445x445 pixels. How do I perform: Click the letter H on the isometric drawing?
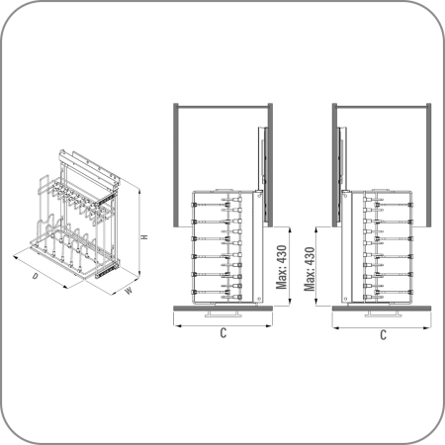144,236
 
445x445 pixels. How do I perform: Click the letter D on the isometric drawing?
35,276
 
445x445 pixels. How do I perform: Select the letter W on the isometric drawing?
129,291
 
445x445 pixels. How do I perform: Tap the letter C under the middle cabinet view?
223,333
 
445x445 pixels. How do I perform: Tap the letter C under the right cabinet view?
383,335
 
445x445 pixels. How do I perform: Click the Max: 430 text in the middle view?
282,267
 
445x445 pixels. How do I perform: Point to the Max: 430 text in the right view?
310,269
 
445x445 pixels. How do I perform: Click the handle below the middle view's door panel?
223,313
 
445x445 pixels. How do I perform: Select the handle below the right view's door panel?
383,313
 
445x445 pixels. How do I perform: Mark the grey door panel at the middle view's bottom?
222,309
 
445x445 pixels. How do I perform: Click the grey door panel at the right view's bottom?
382,309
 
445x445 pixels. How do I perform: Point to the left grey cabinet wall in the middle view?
176,165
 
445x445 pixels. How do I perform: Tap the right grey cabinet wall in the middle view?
270,165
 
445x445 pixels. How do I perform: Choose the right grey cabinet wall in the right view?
428,165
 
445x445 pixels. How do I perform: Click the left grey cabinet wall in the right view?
335,165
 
